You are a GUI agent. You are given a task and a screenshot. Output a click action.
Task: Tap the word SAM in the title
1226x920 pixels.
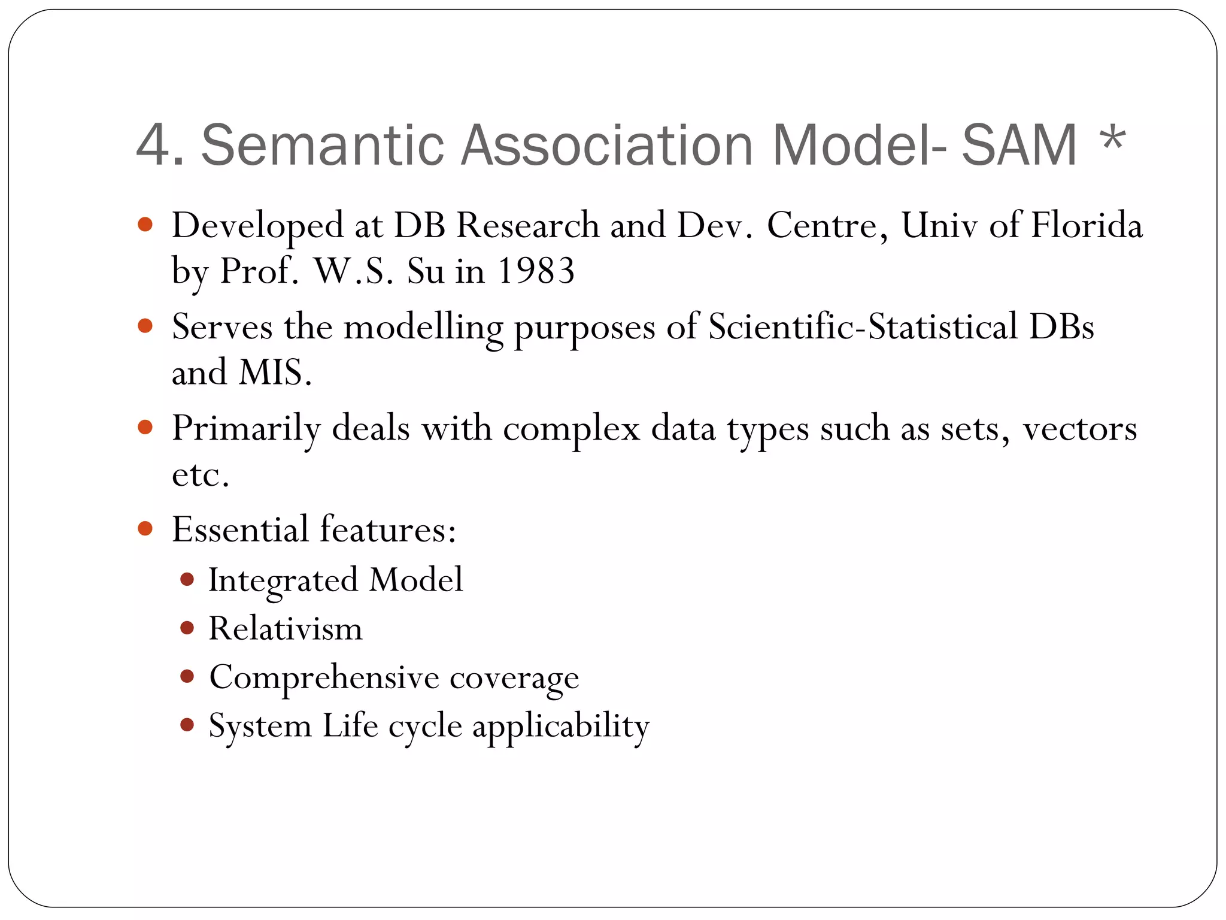pyautogui.click(x=1019, y=146)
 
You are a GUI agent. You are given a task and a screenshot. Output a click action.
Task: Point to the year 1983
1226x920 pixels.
pyautogui.click(x=536, y=271)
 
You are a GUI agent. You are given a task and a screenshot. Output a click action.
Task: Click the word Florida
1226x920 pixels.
pyautogui.click(x=1087, y=225)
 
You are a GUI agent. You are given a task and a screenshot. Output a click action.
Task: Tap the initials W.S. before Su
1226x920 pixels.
pyautogui.click(x=353, y=271)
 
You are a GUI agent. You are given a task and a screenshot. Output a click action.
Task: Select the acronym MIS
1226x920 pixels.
pyautogui.click(x=275, y=373)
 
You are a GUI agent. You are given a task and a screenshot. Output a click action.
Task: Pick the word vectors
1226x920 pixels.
pyautogui.click(x=1079, y=429)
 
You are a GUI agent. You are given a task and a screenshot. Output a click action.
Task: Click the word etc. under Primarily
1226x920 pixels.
pyautogui.click(x=201, y=475)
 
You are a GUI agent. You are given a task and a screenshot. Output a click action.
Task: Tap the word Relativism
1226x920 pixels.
pyautogui.click(x=286, y=629)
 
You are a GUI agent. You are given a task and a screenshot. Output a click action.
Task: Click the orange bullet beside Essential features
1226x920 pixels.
pyautogui.click(x=145, y=528)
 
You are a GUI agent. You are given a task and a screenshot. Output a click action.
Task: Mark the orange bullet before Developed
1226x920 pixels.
pyautogui.click(x=145, y=225)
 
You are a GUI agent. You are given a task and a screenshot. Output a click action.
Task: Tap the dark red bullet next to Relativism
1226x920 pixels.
pyautogui.click(x=187, y=628)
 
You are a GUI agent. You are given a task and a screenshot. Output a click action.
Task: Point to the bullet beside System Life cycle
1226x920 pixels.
pyautogui.click(x=187, y=725)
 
